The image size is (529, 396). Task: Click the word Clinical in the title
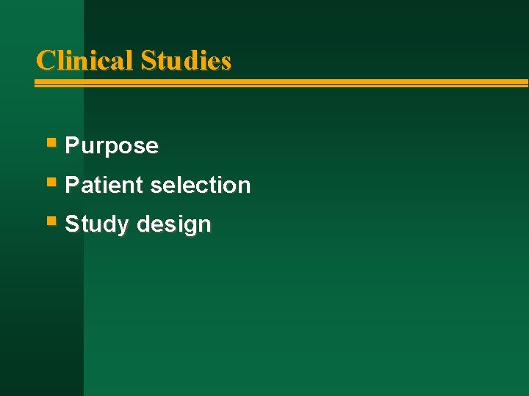coord(85,60)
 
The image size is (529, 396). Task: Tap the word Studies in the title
coord(186,60)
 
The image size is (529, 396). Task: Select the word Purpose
coord(112,146)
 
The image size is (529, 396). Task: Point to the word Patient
coord(104,185)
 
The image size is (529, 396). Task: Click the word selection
coord(201,185)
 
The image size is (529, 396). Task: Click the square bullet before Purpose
coord(51,142)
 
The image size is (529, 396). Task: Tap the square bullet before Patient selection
coord(51,180)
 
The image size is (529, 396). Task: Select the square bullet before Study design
coord(51,219)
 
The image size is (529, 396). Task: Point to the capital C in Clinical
coord(45,60)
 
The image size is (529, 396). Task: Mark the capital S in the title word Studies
coord(148,60)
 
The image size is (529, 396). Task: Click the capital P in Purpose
coord(72,146)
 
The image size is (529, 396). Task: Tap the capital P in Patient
coord(72,185)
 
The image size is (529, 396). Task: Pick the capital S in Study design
coord(72,224)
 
